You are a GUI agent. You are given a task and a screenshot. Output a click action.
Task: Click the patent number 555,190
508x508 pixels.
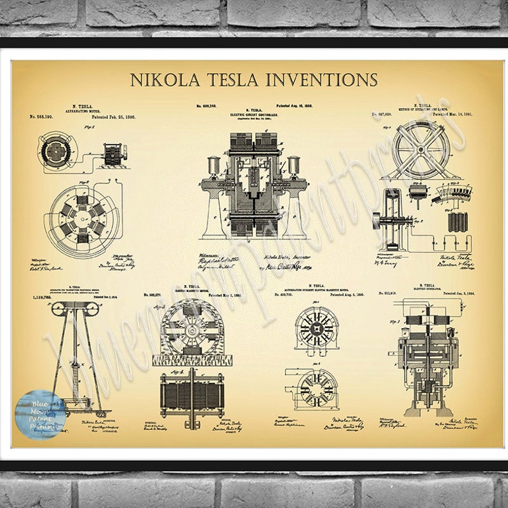[41, 116]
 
